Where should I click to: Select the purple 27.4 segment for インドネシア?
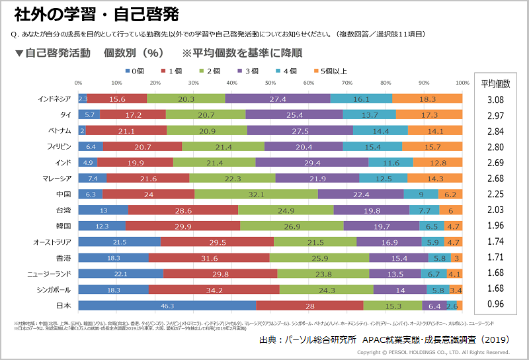click(x=278, y=99)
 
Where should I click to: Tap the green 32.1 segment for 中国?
click(x=257, y=194)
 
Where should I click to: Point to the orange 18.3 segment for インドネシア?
click(x=427, y=99)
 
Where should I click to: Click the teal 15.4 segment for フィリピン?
click(x=382, y=146)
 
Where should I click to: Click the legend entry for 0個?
click(x=134, y=71)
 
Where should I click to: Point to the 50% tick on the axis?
click(x=270, y=83)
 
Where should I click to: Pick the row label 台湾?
click(x=63, y=210)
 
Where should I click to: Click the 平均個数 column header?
click(x=495, y=83)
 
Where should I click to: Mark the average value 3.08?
click(x=495, y=99)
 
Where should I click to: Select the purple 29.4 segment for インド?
click(x=311, y=162)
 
